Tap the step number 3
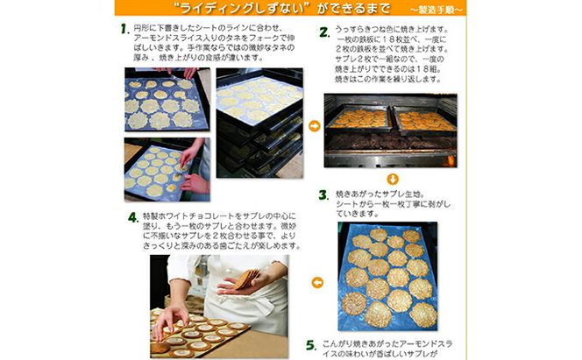323,193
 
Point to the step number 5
323,344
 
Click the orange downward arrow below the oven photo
393,179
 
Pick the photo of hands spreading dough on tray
166,169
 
